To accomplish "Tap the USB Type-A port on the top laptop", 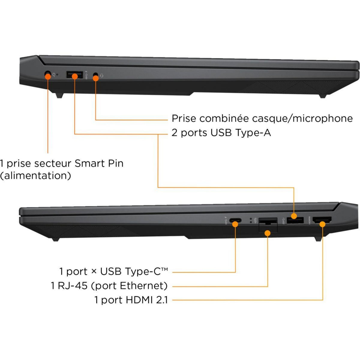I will [x=75, y=75].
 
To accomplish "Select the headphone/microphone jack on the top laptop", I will [x=96, y=75].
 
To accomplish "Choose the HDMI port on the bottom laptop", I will [x=322, y=221].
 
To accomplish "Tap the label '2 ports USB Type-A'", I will [x=221, y=133].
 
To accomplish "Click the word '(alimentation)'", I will [x=36, y=175].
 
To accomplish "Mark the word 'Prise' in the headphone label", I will [x=184, y=118].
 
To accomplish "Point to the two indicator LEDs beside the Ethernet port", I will [x=250, y=220].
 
